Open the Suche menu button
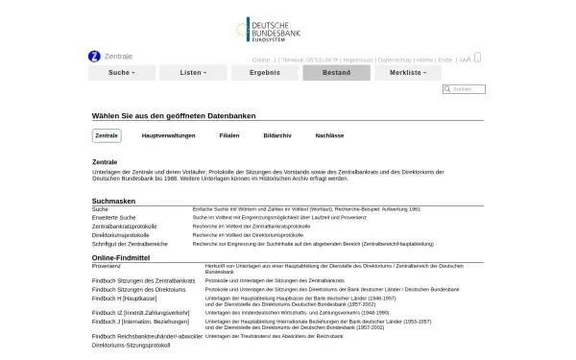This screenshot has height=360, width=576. coord(122,73)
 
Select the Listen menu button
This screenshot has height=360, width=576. coord(193,73)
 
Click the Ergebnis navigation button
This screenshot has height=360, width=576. coord(264,73)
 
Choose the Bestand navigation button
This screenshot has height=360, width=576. coord(335,73)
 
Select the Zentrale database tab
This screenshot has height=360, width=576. coord(107,136)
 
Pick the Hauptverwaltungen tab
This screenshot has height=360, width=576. coord(169,136)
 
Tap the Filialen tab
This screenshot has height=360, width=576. coord(229,136)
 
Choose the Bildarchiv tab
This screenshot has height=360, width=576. coord(277,136)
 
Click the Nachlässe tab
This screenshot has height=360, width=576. coord(329,136)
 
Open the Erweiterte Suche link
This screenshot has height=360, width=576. coord(114,218)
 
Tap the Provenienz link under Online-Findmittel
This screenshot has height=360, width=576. coord(108,264)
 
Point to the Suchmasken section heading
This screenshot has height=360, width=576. coord(114,201)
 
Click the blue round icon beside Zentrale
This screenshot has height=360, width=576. coord(94,57)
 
